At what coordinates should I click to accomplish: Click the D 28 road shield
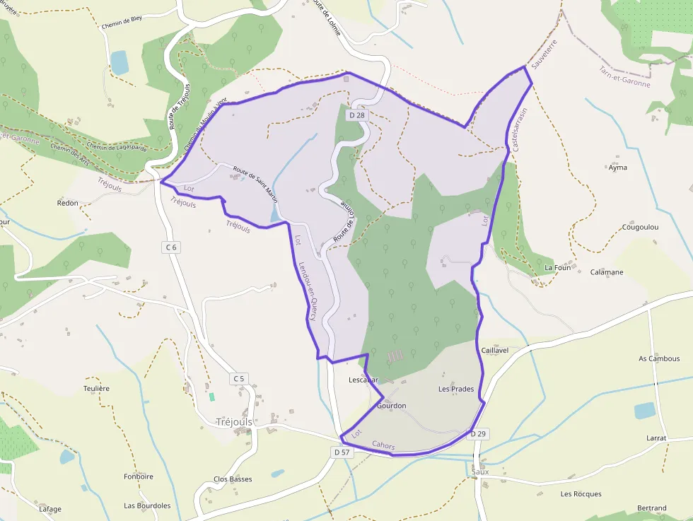point(356,115)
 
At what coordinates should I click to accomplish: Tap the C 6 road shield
point(170,247)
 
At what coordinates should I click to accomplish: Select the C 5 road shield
point(239,379)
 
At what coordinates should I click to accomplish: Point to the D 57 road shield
point(342,452)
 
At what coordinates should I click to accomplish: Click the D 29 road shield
point(478,433)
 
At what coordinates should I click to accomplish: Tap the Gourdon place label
point(391,406)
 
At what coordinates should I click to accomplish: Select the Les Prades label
point(456,389)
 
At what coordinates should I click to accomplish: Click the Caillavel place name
point(495,350)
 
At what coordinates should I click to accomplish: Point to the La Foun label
point(557,268)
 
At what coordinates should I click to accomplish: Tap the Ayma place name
point(617,168)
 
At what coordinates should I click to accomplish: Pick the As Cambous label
point(659,358)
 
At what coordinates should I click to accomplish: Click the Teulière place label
point(96,388)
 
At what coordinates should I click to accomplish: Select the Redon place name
point(68,203)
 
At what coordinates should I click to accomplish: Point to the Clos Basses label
point(233,479)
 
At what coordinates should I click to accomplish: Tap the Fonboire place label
point(139,476)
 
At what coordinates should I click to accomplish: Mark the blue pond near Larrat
point(644,411)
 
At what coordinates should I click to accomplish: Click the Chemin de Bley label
point(122,19)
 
